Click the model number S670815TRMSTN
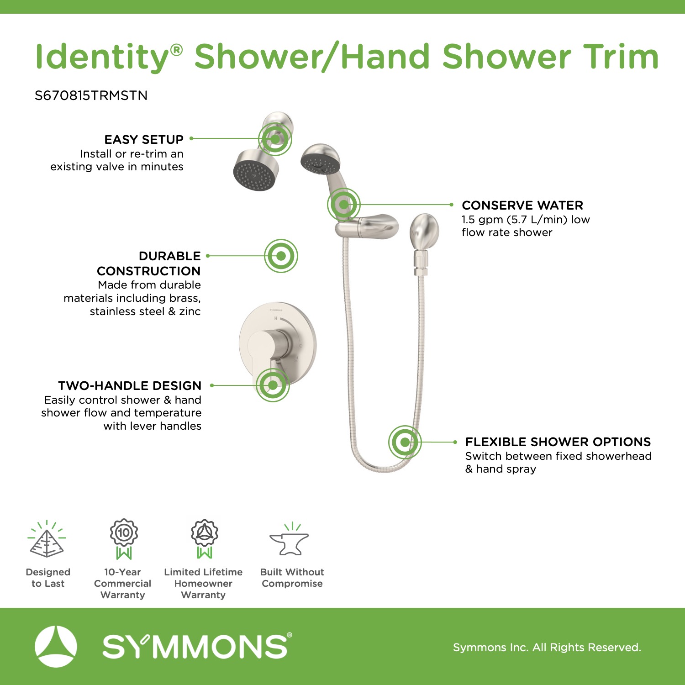91,95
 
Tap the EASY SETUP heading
144,139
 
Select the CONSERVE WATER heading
522,205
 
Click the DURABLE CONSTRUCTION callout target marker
281,256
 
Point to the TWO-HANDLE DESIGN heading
130,385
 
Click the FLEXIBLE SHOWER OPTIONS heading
558,442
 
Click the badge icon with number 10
124,539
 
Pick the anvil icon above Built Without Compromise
290,540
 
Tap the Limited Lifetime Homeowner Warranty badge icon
204,539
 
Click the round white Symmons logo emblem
56,647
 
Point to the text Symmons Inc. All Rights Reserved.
547,647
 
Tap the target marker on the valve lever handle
273,385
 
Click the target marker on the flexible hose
405,442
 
